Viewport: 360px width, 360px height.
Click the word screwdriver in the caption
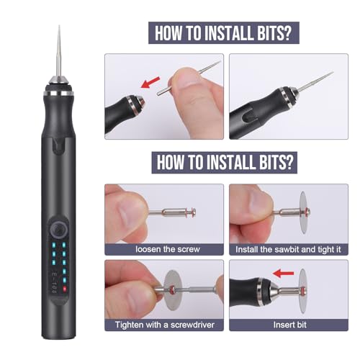coord(190,324)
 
